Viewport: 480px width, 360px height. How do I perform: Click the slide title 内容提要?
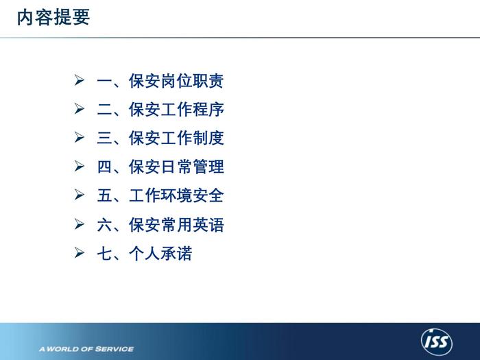(x=53, y=17)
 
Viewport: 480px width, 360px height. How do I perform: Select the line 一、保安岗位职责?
(x=160, y=81)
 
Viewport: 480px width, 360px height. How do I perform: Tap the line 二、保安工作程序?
(x=160, y=109)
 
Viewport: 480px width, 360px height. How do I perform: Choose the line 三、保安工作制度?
(x=160, y=138)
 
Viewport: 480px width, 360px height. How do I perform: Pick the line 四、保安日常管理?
(x=160, y=167)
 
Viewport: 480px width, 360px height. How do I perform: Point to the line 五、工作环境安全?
(x=160, y=195)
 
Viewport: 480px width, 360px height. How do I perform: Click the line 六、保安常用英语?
(x=160, y=225)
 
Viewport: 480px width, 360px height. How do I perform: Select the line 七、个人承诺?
(x=145, y=253)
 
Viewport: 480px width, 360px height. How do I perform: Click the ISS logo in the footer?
(x=437, y=341)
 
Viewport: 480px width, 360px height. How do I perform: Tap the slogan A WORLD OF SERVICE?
(x=86, y=349)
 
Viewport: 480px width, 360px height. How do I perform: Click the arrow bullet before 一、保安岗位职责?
(x=80, y=80)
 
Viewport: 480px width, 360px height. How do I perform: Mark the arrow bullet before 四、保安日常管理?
(x=80, y=166)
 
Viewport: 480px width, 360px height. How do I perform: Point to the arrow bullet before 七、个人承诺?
(x=80, y=252)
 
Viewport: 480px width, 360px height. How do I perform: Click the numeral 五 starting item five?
(x=104, y=195)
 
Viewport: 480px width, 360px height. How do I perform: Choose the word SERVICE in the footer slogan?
(x=115, y=349)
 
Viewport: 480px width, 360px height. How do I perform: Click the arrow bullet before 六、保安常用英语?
(x=80, y=224)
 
